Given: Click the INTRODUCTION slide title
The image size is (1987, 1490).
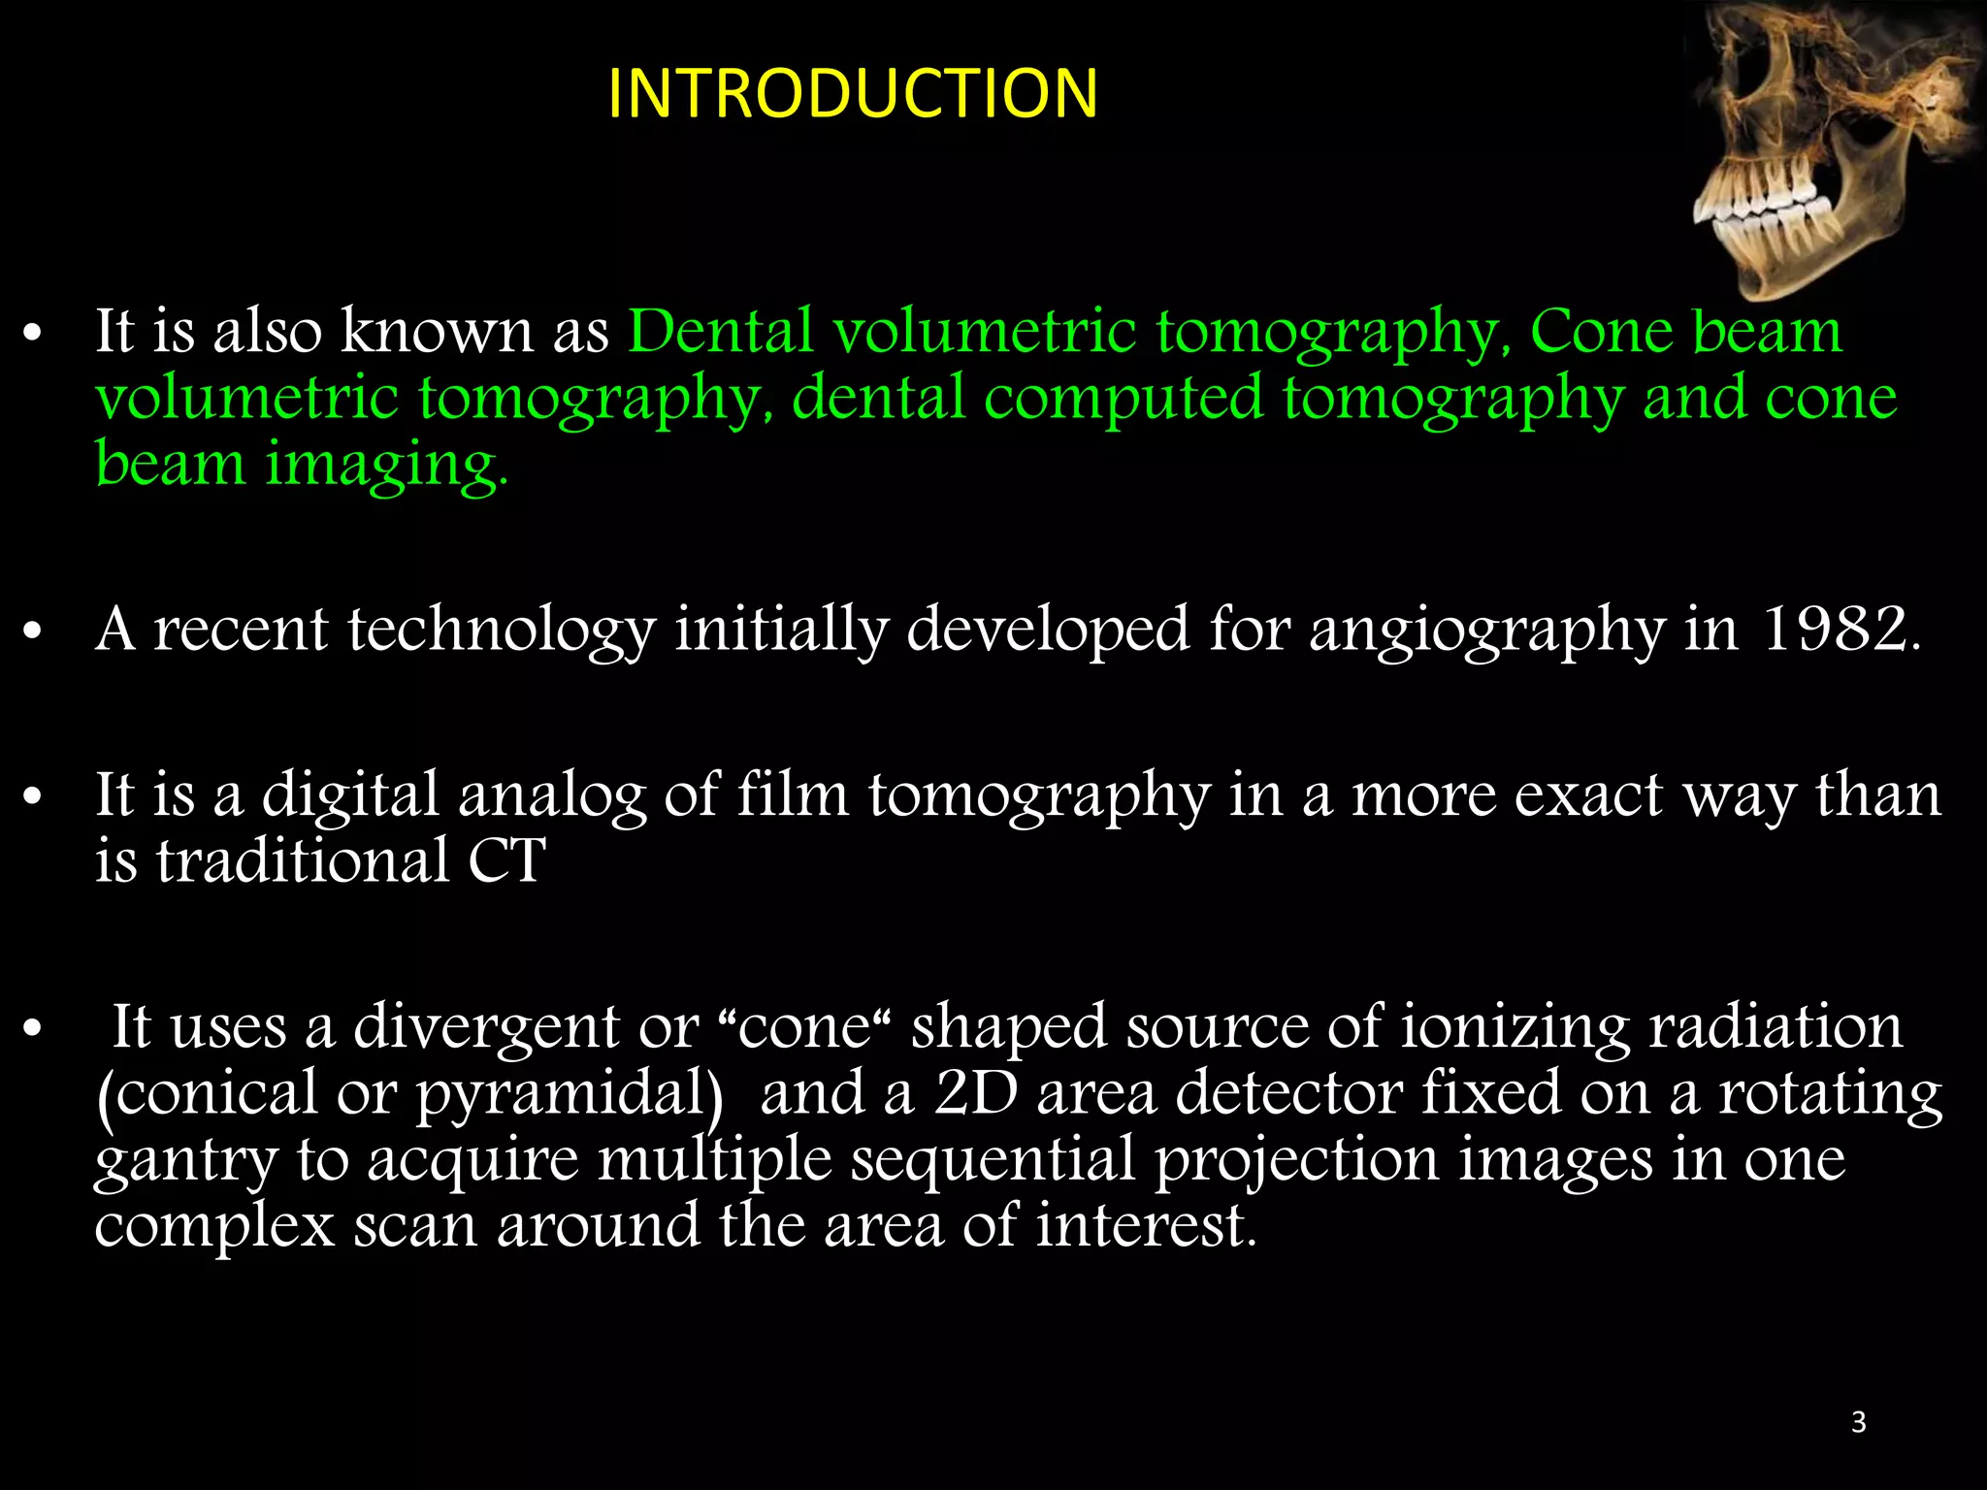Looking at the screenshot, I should (x=853, y=94).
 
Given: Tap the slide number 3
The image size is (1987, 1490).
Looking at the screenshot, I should (x=1858, y=1422).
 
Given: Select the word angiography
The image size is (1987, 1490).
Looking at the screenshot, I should (x=1486, y=631).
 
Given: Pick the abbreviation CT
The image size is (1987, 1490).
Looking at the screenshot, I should (x=506, y=860).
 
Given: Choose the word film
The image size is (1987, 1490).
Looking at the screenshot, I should (x=793, y=794).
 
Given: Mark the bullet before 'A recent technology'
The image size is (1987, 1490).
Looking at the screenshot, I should (x=33, y=632).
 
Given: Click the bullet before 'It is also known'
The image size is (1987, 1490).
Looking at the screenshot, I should (x=33, y=335).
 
